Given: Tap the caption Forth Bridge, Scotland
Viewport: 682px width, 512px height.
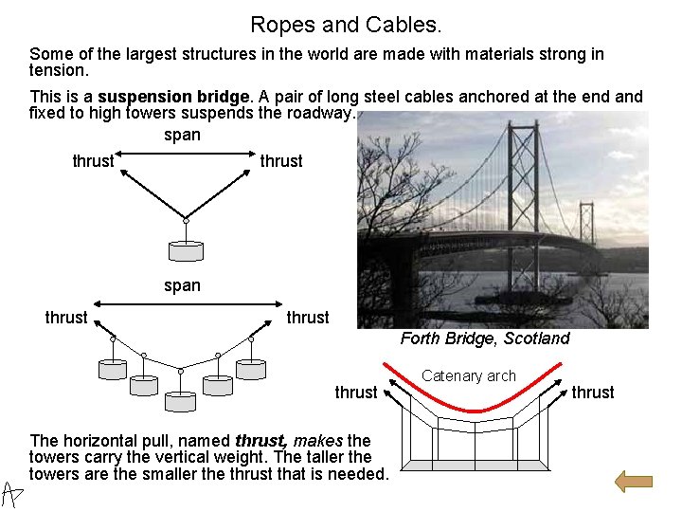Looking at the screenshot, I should (x=485, y=338).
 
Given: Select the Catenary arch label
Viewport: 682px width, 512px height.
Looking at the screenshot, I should (x=469, y=375).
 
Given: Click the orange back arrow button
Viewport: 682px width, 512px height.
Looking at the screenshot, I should (x=634, y=481).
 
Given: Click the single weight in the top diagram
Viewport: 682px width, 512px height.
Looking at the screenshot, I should (x=186, y=250).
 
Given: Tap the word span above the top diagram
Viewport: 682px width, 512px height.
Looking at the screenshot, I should (x=182, y=135).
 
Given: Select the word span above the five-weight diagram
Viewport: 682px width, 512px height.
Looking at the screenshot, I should (x=182, y=284).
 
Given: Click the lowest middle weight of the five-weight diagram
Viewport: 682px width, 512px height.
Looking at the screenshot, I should (x=181, y=401).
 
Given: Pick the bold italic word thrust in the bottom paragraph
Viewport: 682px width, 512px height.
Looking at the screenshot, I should (x=260, y=440).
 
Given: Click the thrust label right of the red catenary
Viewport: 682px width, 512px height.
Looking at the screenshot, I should (x=593, y=393).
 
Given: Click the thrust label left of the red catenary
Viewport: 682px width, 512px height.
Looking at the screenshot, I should (x=356, y=393).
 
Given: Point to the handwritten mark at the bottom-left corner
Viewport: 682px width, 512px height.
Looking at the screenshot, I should (x=12, y=493).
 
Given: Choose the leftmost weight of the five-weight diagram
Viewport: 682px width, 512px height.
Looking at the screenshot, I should (x=113, y=369).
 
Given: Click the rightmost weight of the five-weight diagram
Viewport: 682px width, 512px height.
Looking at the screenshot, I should (x=252, y=369).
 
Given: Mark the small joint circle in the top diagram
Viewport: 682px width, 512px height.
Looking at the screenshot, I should (x=186, y=221).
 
